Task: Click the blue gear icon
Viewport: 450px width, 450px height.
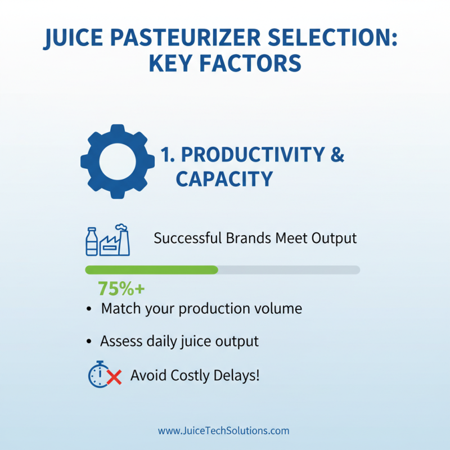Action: point(118,161)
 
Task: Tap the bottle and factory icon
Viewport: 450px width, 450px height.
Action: point(107,239)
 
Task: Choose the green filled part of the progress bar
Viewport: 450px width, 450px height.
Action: point(151,270)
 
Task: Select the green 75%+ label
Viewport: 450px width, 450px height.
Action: point(121,289)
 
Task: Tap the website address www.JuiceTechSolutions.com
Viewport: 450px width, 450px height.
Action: point(224,431)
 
